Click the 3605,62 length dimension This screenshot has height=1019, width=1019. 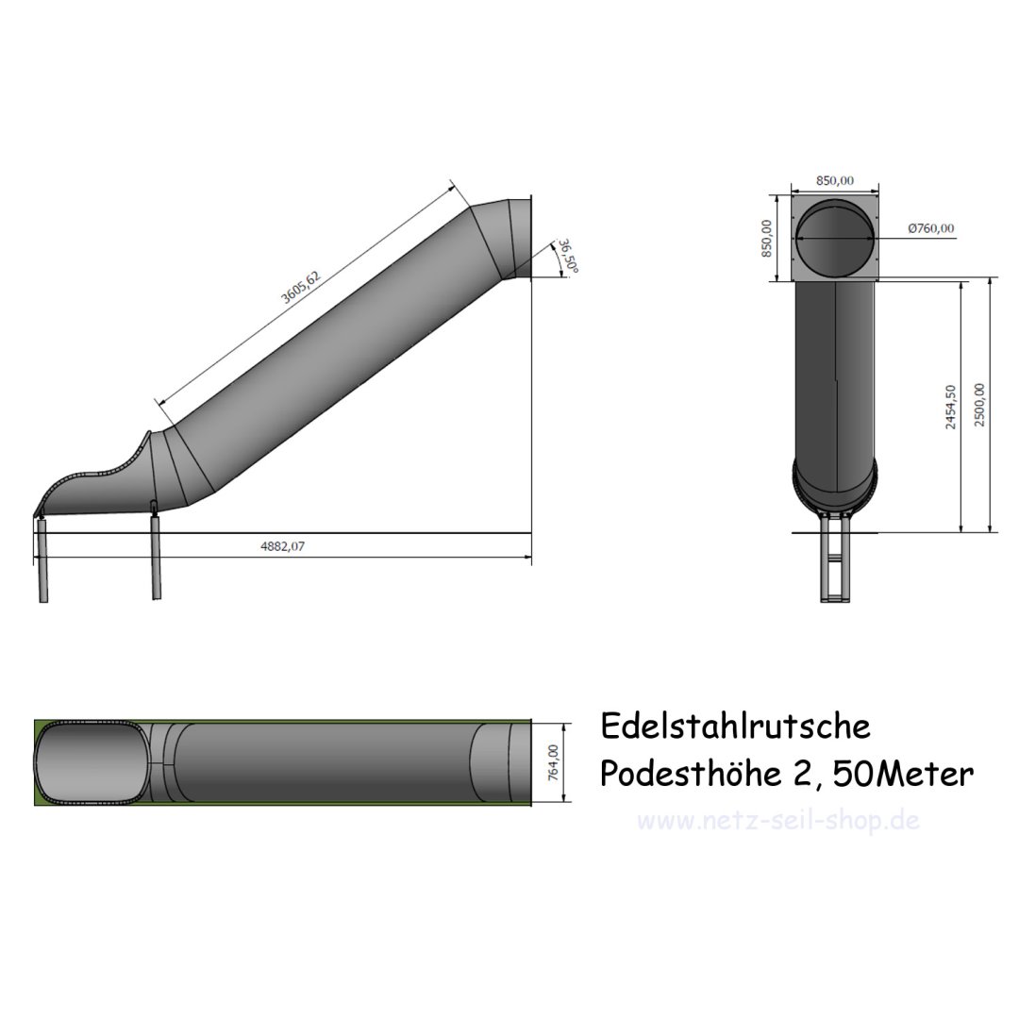point(302,287)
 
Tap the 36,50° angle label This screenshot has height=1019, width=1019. point(567,255)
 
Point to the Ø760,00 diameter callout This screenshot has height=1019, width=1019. point(930,228)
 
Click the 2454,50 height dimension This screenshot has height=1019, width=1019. point(951,406)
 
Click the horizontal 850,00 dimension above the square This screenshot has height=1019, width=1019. point(834,180)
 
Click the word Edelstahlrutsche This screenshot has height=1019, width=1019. point(735,727)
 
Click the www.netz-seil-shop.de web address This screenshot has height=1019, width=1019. point(778,820)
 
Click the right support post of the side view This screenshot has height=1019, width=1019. point(156,557)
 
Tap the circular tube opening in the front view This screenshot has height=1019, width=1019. point(835,238)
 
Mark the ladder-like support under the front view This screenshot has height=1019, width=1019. point(835,561)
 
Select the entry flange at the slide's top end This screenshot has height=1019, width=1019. point(522,238)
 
